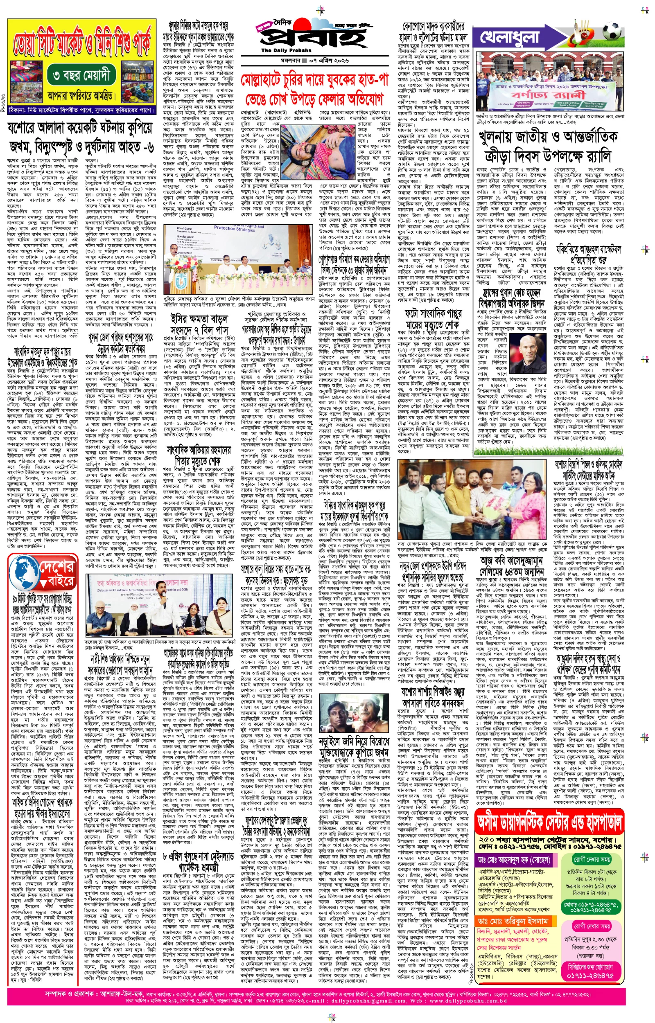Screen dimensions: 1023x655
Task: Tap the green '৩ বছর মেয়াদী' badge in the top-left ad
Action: pyautogui.click(x=81, y=76)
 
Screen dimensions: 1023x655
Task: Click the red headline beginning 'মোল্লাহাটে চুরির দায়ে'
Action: pyautogui.click(x=314, y=80)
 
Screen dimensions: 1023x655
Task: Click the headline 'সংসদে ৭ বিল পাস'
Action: pyautogui.click(x=199, y=329)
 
